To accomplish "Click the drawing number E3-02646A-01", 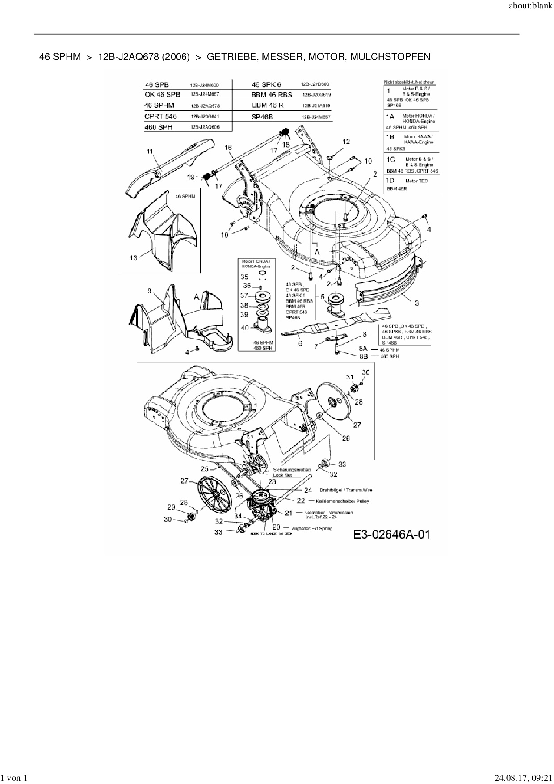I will [x=391, y=534].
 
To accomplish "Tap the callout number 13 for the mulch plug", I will [x=134, y=258].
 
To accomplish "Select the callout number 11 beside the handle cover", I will [x=150, y=152].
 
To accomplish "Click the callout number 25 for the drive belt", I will [x=205, y=469].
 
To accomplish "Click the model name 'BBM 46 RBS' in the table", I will [x=272, y=95].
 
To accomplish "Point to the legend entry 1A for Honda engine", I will [x=390, y=116].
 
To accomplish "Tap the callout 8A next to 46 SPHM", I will [x=363, y=349].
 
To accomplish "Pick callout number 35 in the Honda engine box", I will [x=245, y=277].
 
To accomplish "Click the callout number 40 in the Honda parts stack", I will [x=245, y=328].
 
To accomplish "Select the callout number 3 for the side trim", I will [x=417, y=303].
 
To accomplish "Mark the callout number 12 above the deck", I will [x=346, y=142].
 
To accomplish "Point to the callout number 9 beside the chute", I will [x=150, y=291].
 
